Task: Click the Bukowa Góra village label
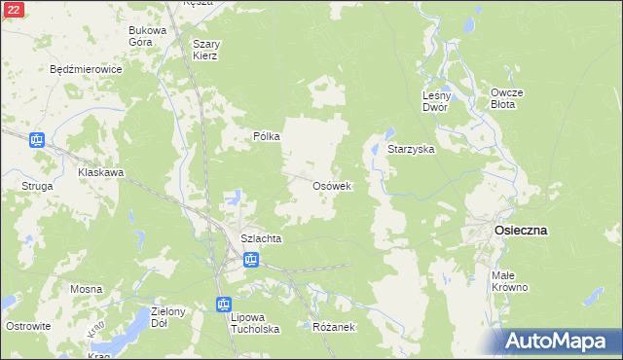click(x=148, y=37)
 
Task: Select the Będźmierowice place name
click(x=86, y=70)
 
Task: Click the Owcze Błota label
click(x=507, y=98)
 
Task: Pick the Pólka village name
click(x=267, y=137)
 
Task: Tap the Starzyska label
click(x=411, y=150)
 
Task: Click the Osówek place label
click(x=331, y=186)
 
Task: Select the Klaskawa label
click(x=101, y=173)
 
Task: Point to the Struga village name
click(x=37, y=185)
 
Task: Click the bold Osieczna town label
click(x=521, y=231)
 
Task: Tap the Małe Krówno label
click(x=509, y=281)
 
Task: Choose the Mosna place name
click(x=86, y=290)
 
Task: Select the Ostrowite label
click(x=27, y=326)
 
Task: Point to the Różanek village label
click(x=333, y=327)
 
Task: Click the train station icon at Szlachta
click(x=250, y=260)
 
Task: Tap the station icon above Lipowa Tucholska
click(x=223, y=305)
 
